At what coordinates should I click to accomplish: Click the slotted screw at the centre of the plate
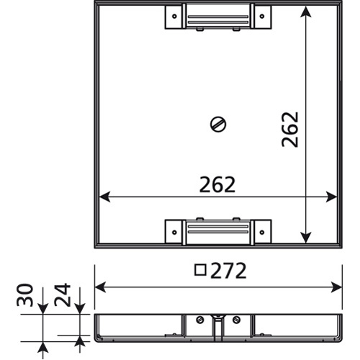[x=218, y=125]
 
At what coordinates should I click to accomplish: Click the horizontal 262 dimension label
[x=217, y=184]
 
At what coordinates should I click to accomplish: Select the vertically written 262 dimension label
[x=290, y=130]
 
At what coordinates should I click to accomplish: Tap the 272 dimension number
[x=228, y=271]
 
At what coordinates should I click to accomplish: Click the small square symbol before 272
[x=200, y=270]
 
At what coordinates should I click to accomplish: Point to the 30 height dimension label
[x=24, y=295]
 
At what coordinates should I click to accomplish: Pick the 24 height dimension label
[x=63, y=295]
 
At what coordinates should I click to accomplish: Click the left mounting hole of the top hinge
[x=174, y=17]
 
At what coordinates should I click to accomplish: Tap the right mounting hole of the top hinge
[x=262, y=17]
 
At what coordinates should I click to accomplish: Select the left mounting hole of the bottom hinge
[x=174, y=233]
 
